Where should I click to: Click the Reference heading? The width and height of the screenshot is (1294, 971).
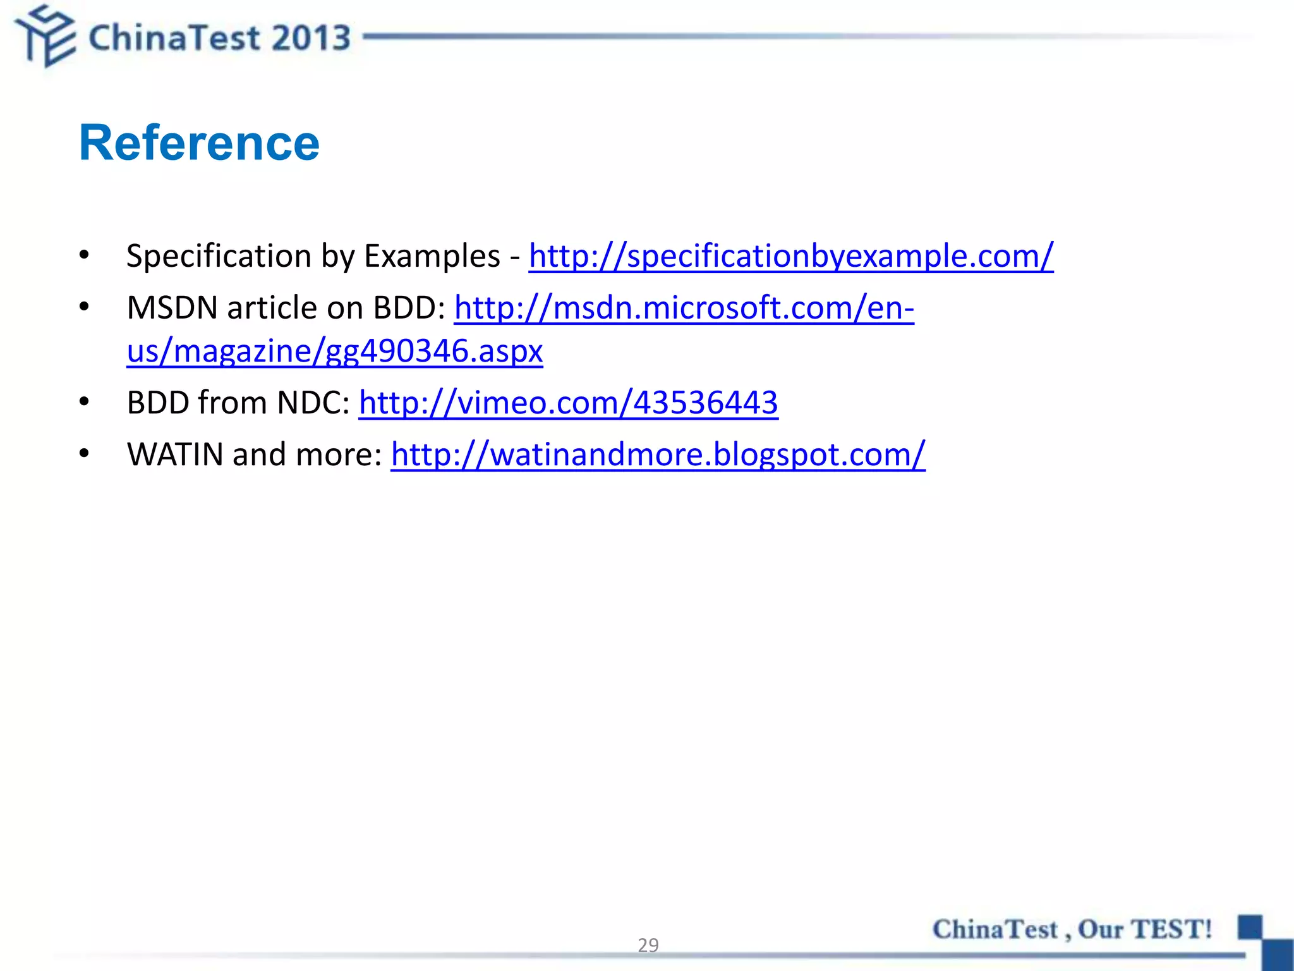(x=199, y=143)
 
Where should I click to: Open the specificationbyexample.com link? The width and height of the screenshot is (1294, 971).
(x=790, y=256)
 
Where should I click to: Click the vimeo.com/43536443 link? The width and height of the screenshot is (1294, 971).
(x=568, y=403)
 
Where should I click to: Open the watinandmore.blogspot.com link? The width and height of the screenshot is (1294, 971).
(x=658, y=455)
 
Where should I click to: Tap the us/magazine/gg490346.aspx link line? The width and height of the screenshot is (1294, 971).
(x=334, y=351)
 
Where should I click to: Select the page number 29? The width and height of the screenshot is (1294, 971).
(x=648, y=944)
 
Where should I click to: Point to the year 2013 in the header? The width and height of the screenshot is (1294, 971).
(x=311, y=38)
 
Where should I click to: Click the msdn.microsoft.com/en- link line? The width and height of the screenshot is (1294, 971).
(x=684, y=308)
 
